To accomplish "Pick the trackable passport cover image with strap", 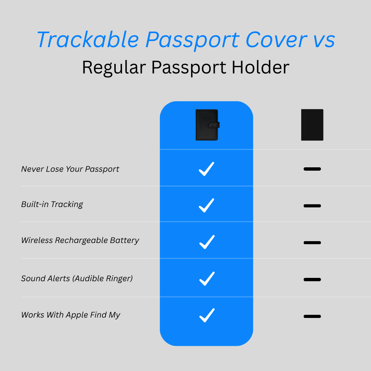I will click(x=207, y=125).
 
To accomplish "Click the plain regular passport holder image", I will click(x=312, y=125).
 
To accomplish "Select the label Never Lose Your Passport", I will click(x=70, y=169).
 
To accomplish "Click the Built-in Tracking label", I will click(x=52, y=204).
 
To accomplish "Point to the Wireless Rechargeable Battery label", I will click(x=80, y=240).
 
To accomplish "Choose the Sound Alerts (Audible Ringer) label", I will click(x=77, y=279).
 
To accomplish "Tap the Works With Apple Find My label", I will click(x=70, y=315).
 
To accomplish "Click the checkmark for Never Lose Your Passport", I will click(x=207, y=169).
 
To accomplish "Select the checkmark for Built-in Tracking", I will click(x=207, y=205).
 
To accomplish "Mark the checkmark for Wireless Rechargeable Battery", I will click(x=207, y=242).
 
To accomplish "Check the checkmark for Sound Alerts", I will click(x=207, y=279).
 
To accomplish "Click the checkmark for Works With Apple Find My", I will click(x=207, y=315).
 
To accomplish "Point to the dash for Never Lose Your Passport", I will click(x=312, y=169).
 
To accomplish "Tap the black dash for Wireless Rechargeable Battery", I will click(x=312, y=243).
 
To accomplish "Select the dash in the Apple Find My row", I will click(x=312, y=316).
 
